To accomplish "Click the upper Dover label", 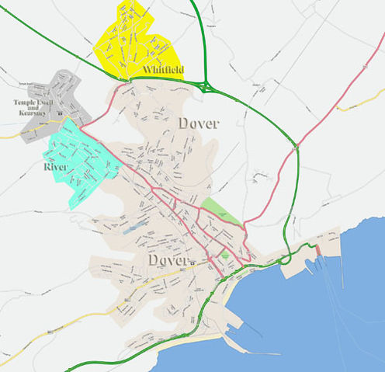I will [199, 123].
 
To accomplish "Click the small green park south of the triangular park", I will [225, 255].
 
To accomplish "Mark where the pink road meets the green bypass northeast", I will [293, 146].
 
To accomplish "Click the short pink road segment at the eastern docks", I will [317, 250].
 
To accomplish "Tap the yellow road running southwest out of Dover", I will [85, 318].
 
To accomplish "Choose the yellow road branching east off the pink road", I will [353, 106].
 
